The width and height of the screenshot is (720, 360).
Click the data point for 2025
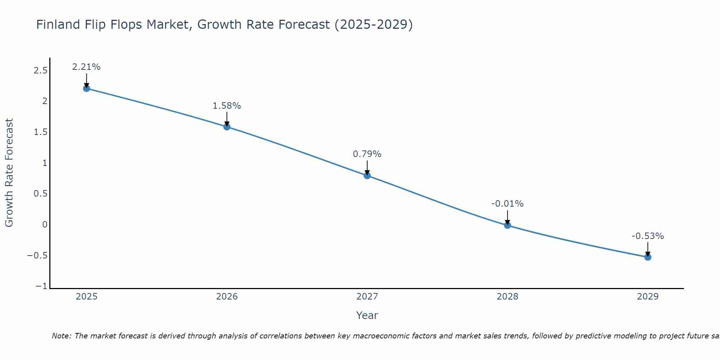[86, 88]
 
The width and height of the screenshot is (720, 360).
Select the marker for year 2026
[227, 127]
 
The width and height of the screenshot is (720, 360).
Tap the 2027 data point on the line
[367, 176]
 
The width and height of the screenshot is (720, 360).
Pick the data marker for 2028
[508, 225]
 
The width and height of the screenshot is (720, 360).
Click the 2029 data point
[648, 257]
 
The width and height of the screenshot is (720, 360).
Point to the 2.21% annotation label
[86, 67]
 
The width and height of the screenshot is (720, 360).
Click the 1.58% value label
[227, 106]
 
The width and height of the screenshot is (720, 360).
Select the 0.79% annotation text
[367, 154]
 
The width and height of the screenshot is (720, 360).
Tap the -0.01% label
[508, 204]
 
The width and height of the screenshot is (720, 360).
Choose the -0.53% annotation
[648, 236]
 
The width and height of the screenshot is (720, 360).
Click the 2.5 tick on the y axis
[40, 71]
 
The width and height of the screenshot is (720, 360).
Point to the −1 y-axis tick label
[41, 286]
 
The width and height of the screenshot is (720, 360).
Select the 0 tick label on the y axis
[45, 225]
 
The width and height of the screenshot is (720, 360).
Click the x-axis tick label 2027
[367, 297]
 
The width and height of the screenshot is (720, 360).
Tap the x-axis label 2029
[648, 297]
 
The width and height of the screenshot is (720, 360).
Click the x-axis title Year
[367, 315]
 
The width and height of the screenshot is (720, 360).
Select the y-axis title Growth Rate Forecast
[9, 173]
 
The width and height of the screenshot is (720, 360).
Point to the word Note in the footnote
[61, 336]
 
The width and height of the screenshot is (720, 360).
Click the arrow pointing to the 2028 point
[508, 217]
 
